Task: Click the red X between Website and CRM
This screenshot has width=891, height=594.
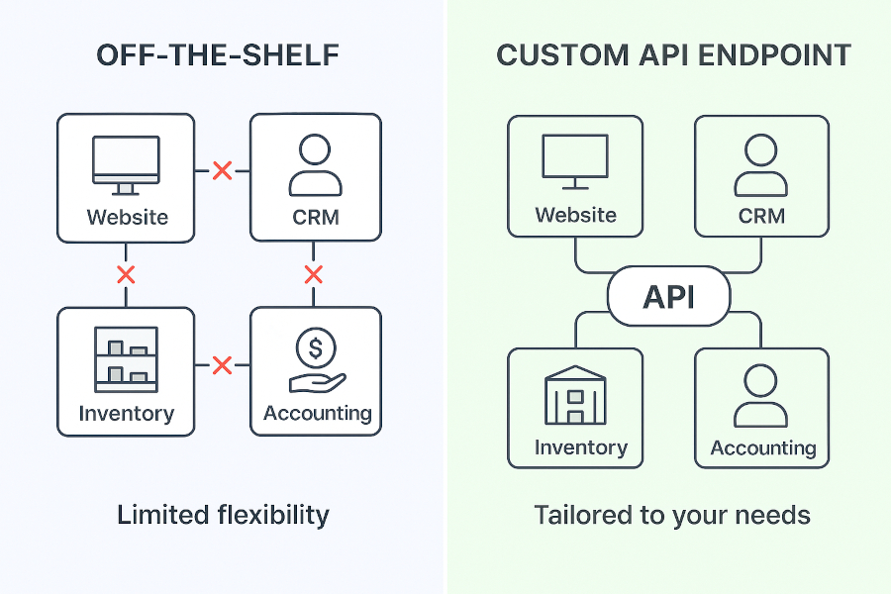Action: (223, 171)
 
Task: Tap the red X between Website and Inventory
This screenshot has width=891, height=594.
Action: (126, 274)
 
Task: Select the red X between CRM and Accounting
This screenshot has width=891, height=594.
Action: (314, 274)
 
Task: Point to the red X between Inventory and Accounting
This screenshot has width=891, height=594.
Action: (223, 366)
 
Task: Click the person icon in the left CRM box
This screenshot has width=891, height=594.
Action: (316, 164)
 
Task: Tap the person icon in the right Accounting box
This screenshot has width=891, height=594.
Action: (762, 396)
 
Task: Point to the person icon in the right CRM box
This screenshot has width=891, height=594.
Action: (761, 164)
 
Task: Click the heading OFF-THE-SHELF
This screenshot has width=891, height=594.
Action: (218, 55)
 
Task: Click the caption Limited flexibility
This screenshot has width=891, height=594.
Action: (223, 515)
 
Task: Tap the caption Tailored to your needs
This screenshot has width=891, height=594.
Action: (672, 515)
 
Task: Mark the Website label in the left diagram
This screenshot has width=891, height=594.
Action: (127, 217)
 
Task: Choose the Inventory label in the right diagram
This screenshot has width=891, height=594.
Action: (580, 447)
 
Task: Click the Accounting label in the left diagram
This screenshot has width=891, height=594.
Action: (317, 413)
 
